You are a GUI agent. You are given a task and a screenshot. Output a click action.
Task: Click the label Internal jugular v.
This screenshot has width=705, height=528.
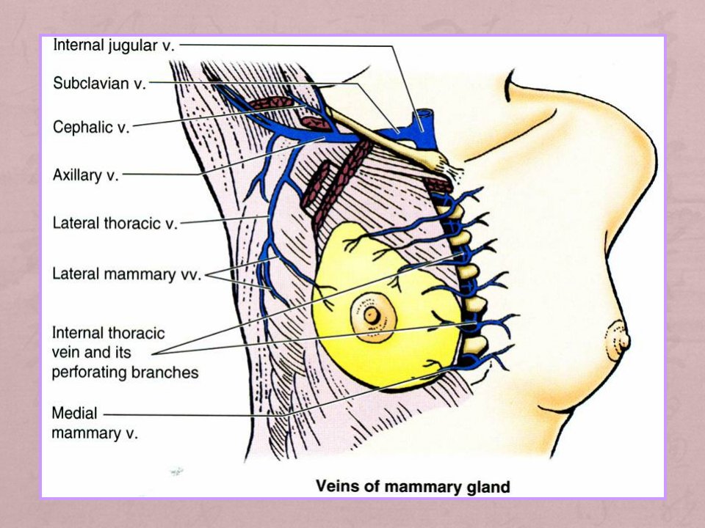pos(114,45)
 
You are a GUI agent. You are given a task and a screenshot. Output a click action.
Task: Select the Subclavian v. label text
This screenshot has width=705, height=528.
pos(99,83)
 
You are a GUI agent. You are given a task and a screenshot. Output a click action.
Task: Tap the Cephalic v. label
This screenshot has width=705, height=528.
pos(91,127)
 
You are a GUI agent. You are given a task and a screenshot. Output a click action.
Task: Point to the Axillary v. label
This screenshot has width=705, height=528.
pos(85,175)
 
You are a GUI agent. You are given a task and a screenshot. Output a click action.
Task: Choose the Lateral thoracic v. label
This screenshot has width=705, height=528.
pos(115,223)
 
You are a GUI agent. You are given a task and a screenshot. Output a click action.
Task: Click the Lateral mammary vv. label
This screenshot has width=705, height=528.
pos(126,274)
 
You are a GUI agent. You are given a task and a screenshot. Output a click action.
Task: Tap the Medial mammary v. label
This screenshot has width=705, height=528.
pos(95,423)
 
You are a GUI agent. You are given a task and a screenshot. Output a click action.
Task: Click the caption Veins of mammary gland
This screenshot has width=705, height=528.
pos(413,487)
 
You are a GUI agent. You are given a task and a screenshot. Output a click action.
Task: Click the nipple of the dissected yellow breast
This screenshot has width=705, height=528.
pos(372,315)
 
